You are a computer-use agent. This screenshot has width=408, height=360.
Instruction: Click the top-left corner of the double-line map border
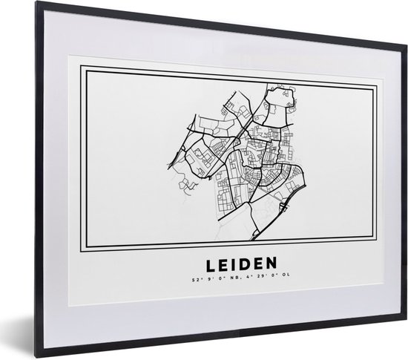[x=81, y=69]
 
